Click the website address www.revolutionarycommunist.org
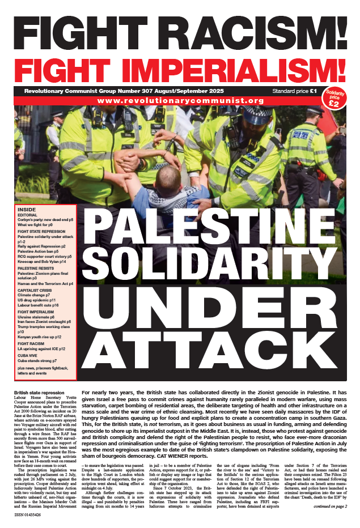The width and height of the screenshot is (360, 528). [180, 101]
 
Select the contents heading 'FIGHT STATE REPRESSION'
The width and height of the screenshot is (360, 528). [43, 231]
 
